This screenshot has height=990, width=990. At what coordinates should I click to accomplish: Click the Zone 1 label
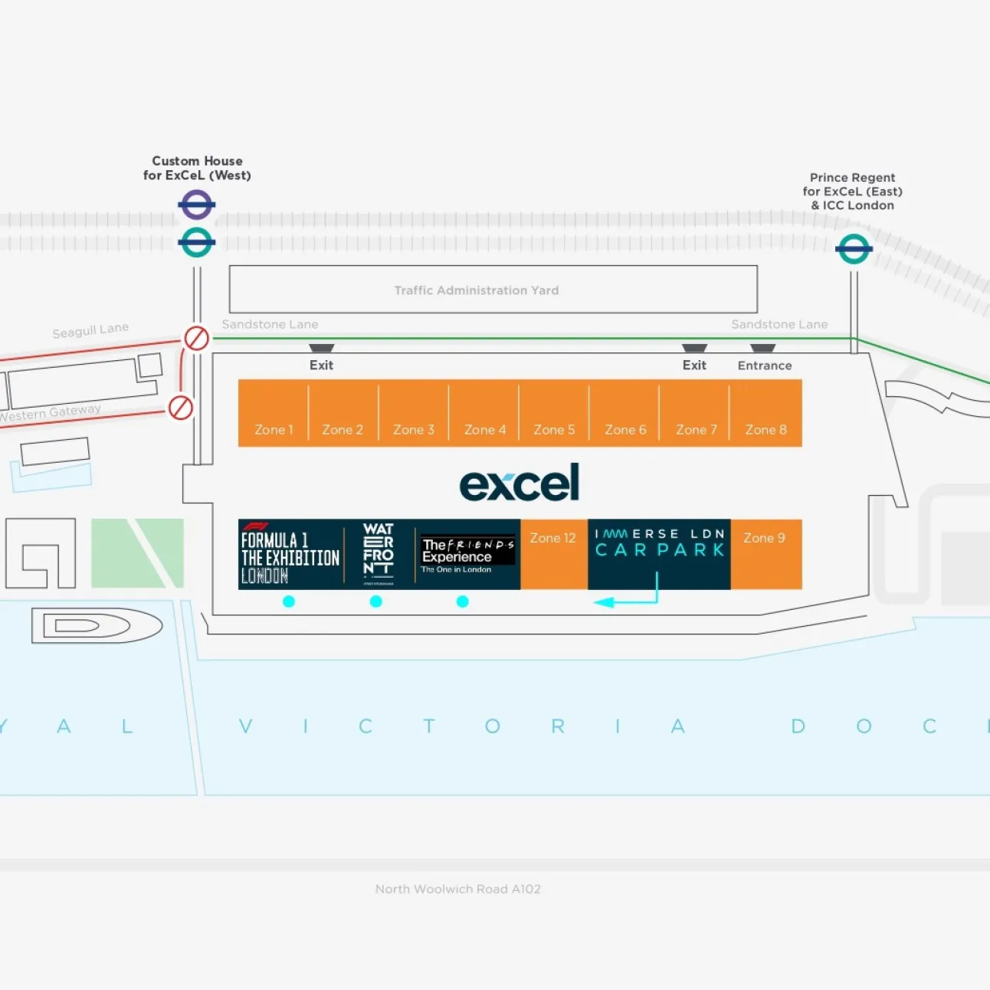(x=274, y=430)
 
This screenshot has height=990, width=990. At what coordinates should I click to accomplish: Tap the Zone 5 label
(x=554, y=430)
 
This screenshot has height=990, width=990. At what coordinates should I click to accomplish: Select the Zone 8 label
(x=765, y=430)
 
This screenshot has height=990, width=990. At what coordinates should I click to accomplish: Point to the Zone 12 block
(x=553, y=553)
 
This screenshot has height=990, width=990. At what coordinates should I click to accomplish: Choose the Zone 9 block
(x=765, y=553)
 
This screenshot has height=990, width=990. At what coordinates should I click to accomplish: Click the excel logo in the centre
(x=520, y=484)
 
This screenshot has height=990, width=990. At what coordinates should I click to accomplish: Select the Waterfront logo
(x=379, y=553)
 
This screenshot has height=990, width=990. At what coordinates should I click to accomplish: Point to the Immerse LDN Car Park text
(x=660, y=543)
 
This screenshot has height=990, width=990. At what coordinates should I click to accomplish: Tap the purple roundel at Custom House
(x=197, y=205)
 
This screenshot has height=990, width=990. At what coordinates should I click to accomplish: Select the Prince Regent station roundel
(x=854, y=248)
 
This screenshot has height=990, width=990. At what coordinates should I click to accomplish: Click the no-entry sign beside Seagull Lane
(x=196, y=338)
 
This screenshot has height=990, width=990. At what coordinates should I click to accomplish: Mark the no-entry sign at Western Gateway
(x=181, y=407)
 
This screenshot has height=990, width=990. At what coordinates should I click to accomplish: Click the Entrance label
(x=765, y=366)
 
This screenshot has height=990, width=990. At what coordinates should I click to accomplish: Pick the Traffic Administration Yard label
(x=477, y=290)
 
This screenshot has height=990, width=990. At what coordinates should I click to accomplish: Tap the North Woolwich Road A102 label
(x=458, y=889)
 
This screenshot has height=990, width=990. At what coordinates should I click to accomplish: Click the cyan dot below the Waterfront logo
(x=375, y=602)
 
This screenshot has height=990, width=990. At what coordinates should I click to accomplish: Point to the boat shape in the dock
(x=97, y=626)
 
